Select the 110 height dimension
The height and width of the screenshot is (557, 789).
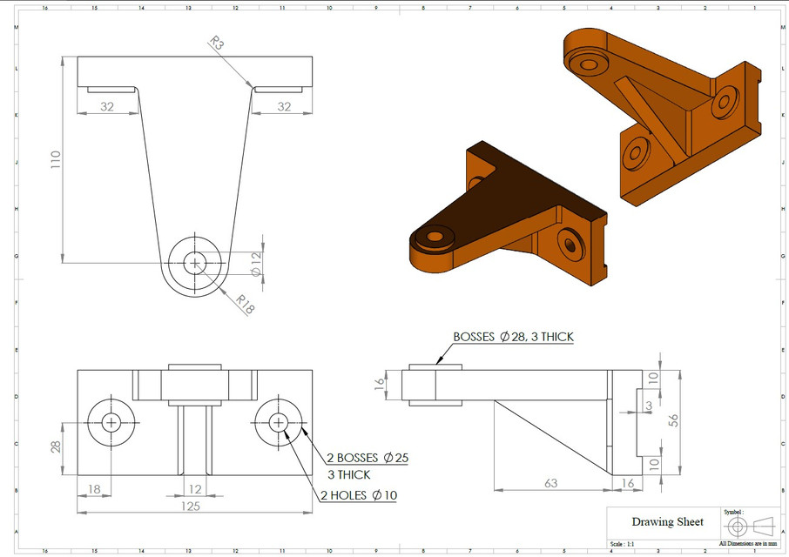pos(55,159)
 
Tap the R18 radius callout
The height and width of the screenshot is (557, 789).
pos(246,304)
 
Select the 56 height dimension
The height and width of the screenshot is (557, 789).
pos(673,420)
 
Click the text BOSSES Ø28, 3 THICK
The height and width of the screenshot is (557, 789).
pos(513,337)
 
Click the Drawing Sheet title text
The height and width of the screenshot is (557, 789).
pos(667,521)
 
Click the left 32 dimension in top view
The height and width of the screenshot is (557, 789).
pos(107,106)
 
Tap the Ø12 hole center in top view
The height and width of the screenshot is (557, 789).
pos(194,262)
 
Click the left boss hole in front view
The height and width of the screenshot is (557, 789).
pos(111,422)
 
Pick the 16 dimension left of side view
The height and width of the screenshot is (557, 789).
pos(379,385)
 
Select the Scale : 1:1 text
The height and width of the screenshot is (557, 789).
pos(627,544)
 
